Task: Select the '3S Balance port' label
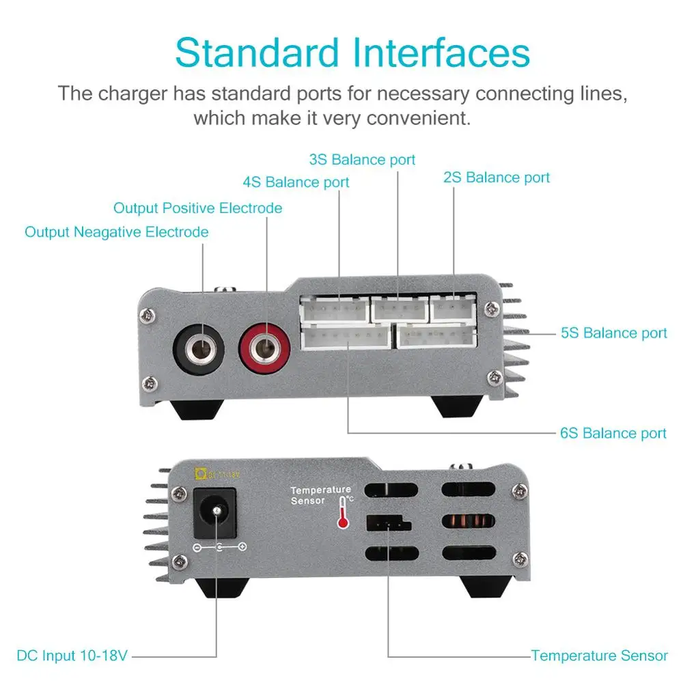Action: click(x=362, y=160)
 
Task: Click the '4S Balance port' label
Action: click(x=296, y=182)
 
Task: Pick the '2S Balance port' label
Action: click(x=497, y=178)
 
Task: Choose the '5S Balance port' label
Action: click(x=613, y=333)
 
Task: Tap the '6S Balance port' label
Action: click(x=613, y=433)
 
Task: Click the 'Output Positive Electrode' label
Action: click(x=197, y=208)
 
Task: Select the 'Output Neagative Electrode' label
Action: click(x=116, y=232)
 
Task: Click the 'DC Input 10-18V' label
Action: click(x=72, y=656)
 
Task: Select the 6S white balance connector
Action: click(x=346, y=336)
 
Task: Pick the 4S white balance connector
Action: click(x=333, y=311)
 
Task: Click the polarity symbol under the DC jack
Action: click(x=219, y=547)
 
